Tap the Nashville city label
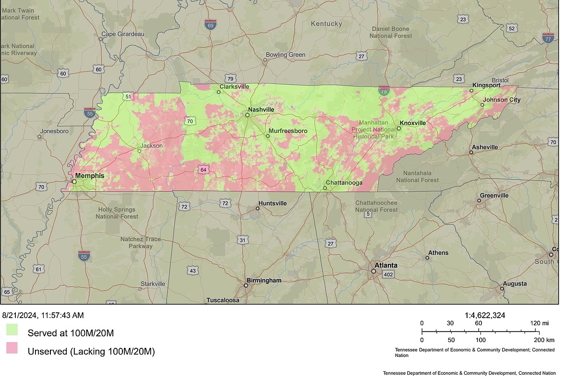point(261,110)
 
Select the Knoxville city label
point(412,123)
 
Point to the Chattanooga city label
point(344,183)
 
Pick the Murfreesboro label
point(288,131)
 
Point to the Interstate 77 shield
point(548,37)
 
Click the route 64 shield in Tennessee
point(204,170)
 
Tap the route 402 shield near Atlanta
point(388,274)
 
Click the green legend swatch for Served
point(12,330)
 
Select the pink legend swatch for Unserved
point(12,348)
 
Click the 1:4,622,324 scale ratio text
point(485,315)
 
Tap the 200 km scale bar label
point(541,339)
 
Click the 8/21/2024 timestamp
point(43,315)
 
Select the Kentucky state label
point(326,24)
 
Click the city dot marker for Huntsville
point(258,208)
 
